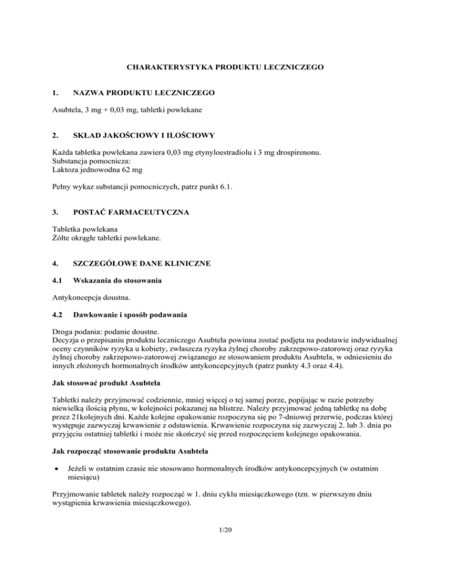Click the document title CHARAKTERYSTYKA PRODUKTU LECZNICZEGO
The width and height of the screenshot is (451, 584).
tap(225, 68)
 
